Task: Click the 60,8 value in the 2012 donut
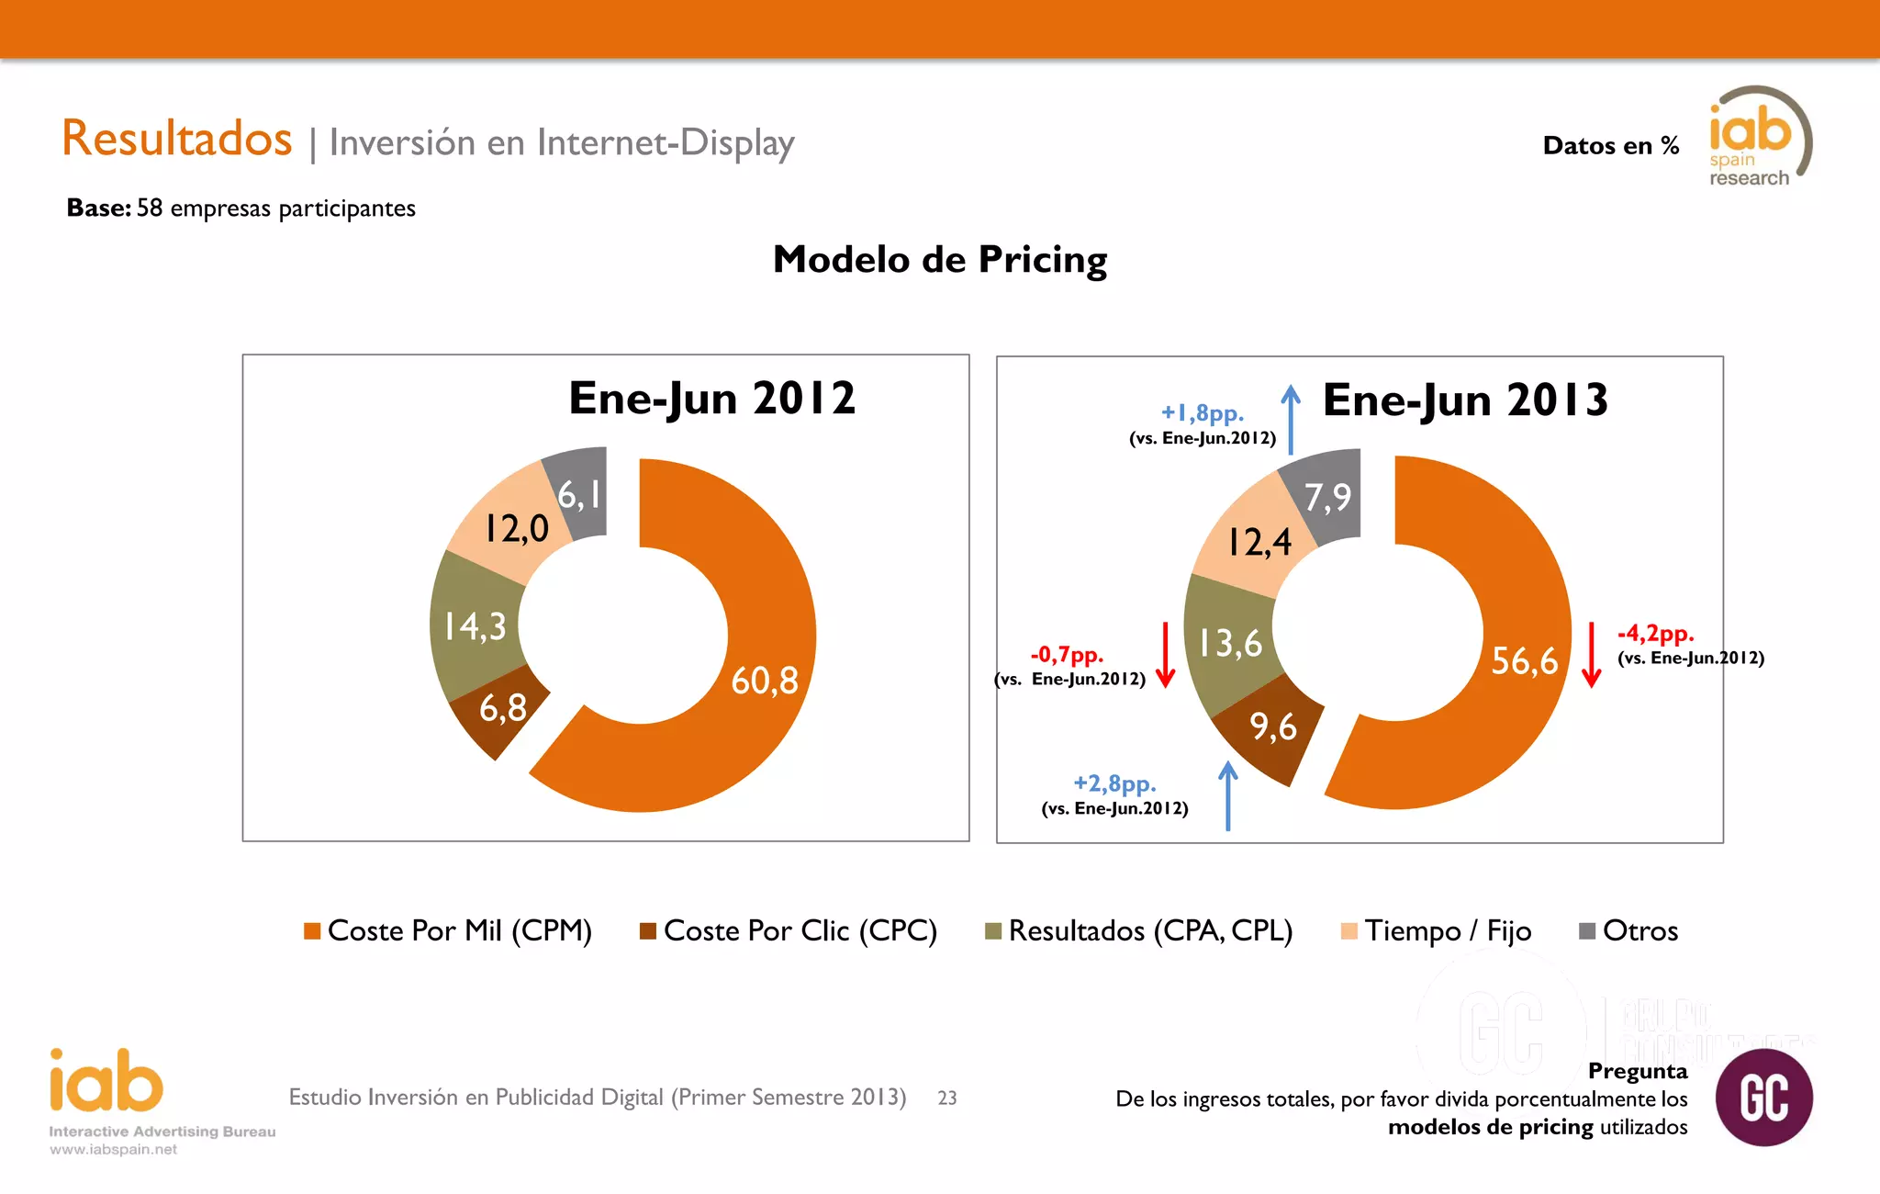click(x=764, y=681)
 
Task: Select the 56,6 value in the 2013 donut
click(x=1524, y=661)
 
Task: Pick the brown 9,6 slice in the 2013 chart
click(x=1272, y=727)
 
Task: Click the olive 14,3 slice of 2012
click(x=475, y=627)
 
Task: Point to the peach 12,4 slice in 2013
click(x=1259, y=542)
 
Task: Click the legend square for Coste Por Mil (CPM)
click(x=312, y=931)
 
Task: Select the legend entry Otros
click(x=1639, y=931)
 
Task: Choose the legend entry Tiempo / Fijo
click(x=1447, y=931)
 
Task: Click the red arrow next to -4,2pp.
click(x=1592, y=654)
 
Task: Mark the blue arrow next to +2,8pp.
click(x=1228, y=795)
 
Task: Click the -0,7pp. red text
click(x=1067, y=655)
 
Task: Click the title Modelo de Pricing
click(x=940, y=260)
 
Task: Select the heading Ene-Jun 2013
click(x=1465, y=400)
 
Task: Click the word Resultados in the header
click(x=177, y=139)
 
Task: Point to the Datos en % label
click(x=1610, y=146)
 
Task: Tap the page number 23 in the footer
click(x=947, y=1098)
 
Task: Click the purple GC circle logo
click(x=1763, y=1098)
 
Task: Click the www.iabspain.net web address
click(x=114, y=1150)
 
